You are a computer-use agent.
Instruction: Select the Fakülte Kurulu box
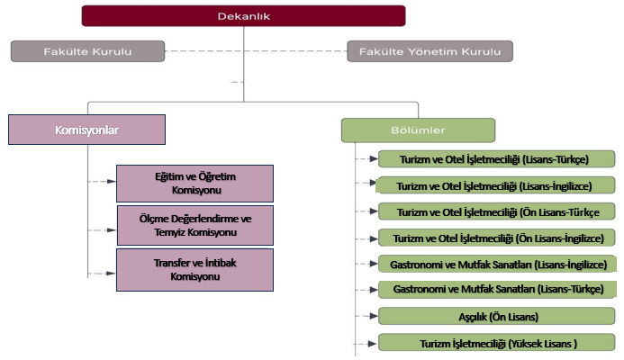pos(87,51)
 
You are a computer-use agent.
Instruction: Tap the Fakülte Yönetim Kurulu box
pos(430,51)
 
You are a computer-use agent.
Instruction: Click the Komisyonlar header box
pos(87,130)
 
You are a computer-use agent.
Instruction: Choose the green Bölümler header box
pos(418,130)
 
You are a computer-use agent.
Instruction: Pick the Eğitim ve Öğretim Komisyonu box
pos(195,184)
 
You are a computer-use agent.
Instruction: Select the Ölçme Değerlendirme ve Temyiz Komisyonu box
pos(195,225)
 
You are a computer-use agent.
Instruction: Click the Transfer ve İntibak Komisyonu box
pos(195,269)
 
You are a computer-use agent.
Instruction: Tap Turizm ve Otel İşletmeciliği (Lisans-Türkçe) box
pos(495,160)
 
